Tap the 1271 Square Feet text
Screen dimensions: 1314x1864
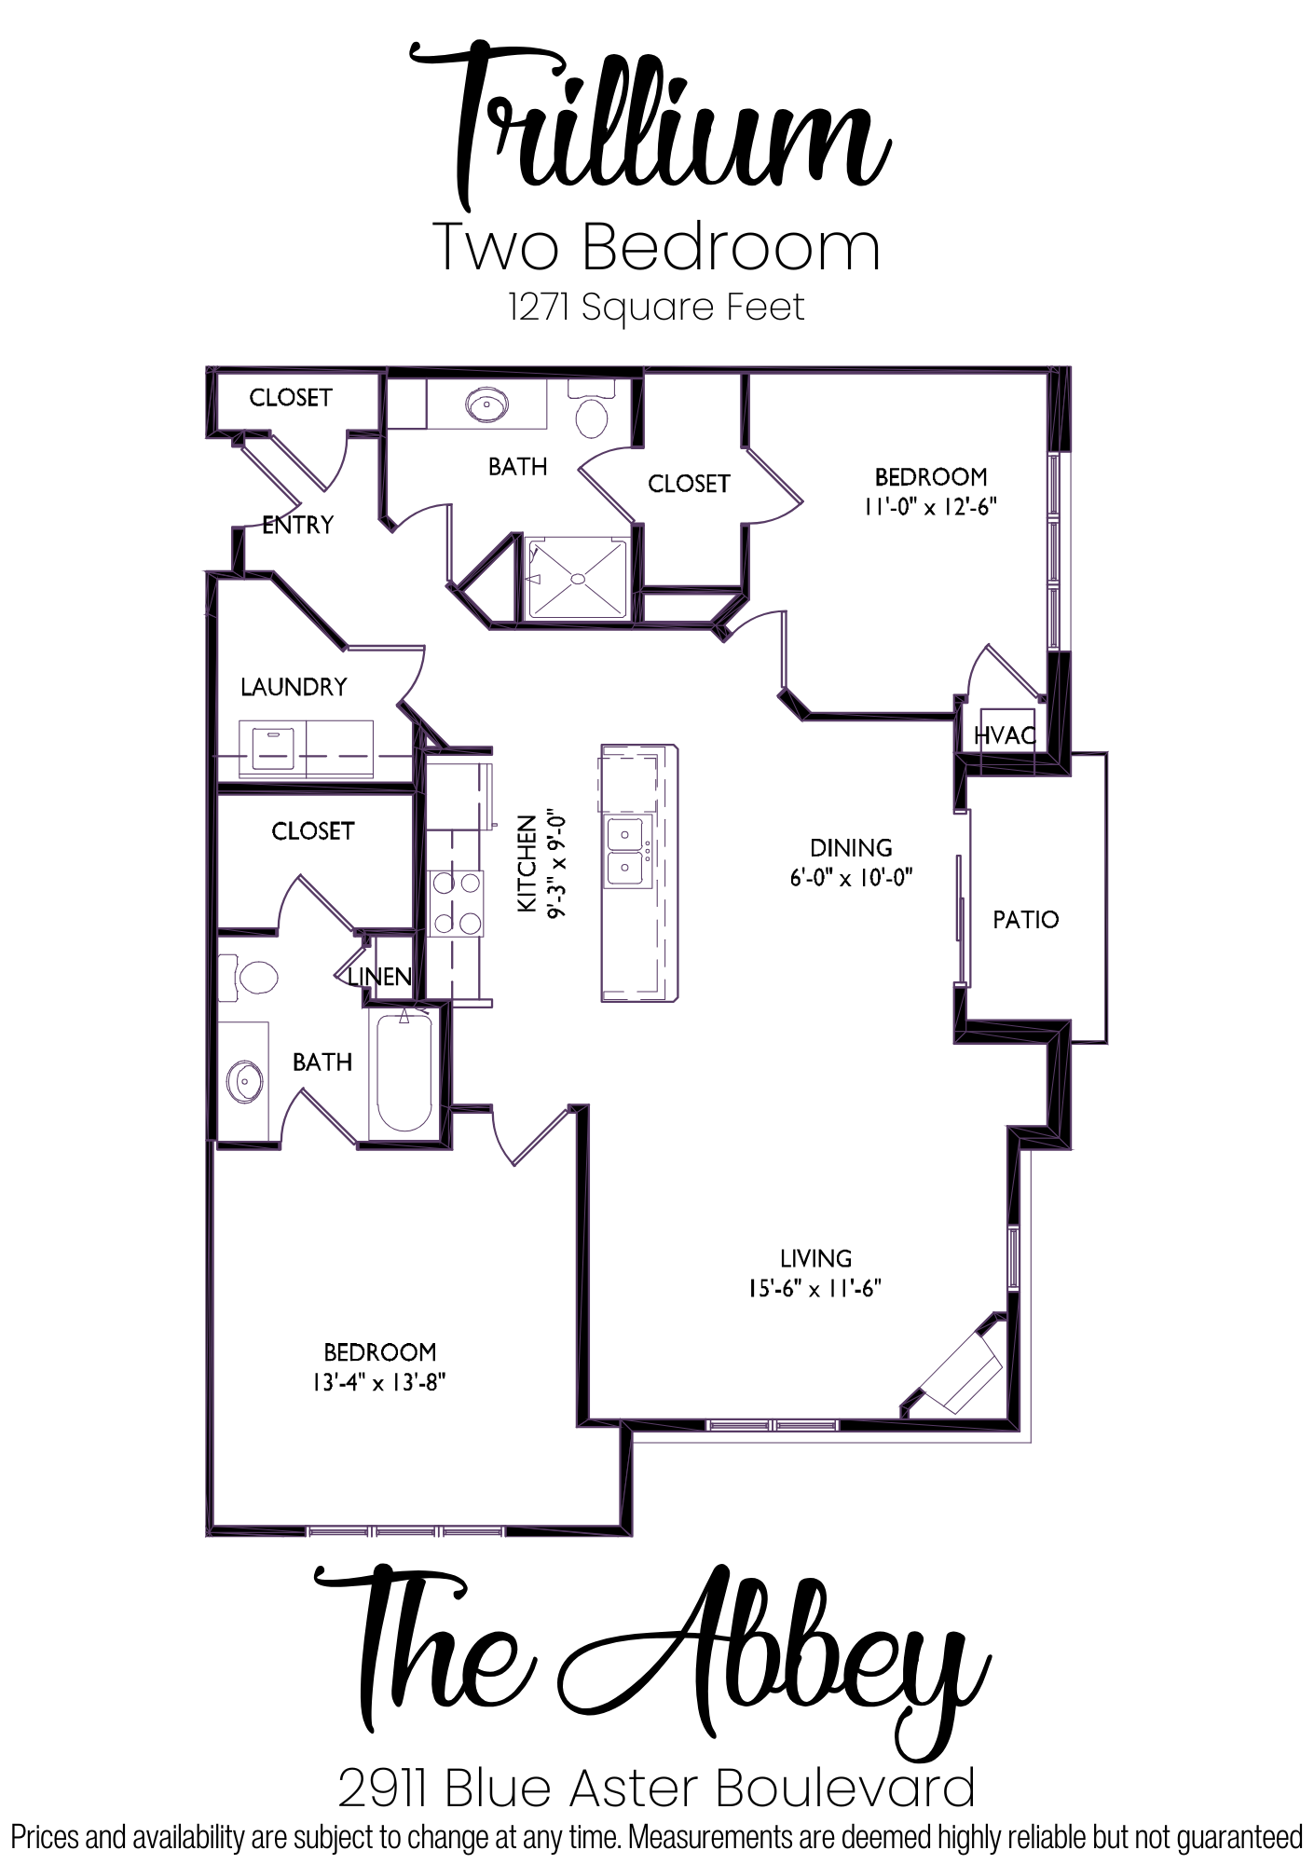click(656, 307)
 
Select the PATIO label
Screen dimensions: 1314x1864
click(1025, 920)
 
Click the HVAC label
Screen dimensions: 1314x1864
click(1005, 735)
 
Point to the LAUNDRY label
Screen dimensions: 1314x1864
click(294, 687)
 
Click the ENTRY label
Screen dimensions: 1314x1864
click(297, 525)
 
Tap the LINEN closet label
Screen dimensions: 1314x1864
click(379, 977)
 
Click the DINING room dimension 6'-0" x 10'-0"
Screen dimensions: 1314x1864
click(851, 877)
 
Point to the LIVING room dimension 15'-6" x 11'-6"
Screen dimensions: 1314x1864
click(814, 1288)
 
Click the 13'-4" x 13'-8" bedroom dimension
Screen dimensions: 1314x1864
click(379, 1382)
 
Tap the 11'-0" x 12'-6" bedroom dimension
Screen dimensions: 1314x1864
click(930, 507)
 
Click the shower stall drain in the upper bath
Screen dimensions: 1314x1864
click(578, 579)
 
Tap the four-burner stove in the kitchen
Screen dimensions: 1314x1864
click(456, 902)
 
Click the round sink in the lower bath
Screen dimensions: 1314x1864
click(245, 1080)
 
